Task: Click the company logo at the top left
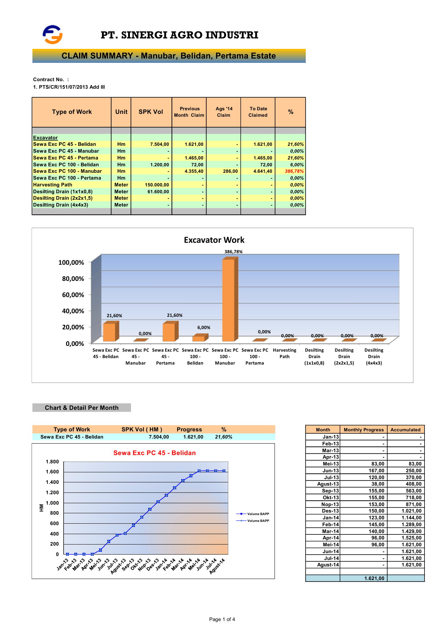(52, 34)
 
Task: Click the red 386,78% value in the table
(294, 171)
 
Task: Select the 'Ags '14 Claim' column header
(224, 112)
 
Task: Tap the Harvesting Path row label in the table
(53, 185)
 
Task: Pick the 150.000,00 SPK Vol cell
(157, 185)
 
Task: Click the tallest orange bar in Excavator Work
(229, 300)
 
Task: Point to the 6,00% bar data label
(203, 328)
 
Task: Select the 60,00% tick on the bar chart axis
(73, 295)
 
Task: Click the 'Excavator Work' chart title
(214, 240)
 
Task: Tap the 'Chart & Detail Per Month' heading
(81, 408)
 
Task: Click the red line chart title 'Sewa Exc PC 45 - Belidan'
(154, 453)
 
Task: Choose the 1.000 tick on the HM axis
(52, 503)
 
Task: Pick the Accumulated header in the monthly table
(405, 430)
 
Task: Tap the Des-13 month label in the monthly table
(330, 511)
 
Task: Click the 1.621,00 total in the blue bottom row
(374, 578)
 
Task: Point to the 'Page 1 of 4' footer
(222, 619)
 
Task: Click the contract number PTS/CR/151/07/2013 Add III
(69, 87)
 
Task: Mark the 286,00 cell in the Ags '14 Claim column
(230, 171)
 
